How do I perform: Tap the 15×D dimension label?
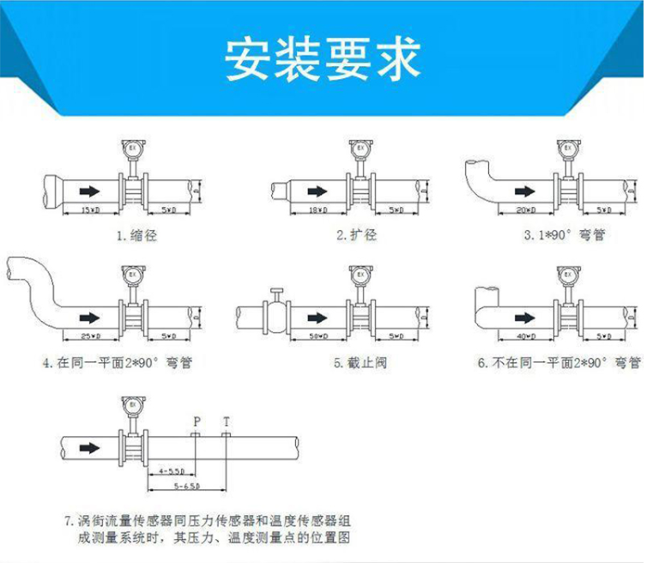88,209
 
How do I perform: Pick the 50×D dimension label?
317,335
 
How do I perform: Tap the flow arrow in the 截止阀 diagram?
316,316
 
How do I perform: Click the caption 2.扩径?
356,234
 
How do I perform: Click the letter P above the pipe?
196,421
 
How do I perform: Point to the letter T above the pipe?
227,421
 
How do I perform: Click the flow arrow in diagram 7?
89,447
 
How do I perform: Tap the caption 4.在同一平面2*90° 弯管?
118,362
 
